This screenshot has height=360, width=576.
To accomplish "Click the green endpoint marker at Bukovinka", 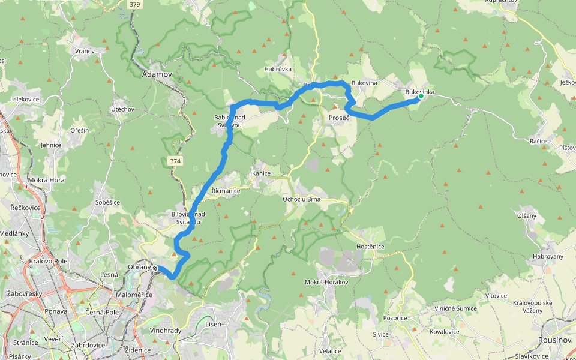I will tap(421, 96).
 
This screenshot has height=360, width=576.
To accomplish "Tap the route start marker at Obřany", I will tap(155, 268).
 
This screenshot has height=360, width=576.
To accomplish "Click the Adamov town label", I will tap(157, 75).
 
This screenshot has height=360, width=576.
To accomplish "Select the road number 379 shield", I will tap(135, 4).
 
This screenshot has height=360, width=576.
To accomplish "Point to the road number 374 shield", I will tap(175, 160).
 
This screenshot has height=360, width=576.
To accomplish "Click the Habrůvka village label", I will tap(278, 69).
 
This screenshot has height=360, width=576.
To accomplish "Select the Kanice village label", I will tap(261, 173).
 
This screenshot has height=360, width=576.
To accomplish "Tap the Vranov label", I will tap(85, 51).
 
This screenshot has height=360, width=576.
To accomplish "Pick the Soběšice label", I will tap(108, 202).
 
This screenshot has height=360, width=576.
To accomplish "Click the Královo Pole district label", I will tap(48, 262).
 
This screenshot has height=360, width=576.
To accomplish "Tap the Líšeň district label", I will tap(215, 324).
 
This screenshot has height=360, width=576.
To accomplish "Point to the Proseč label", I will tap(339, 118).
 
